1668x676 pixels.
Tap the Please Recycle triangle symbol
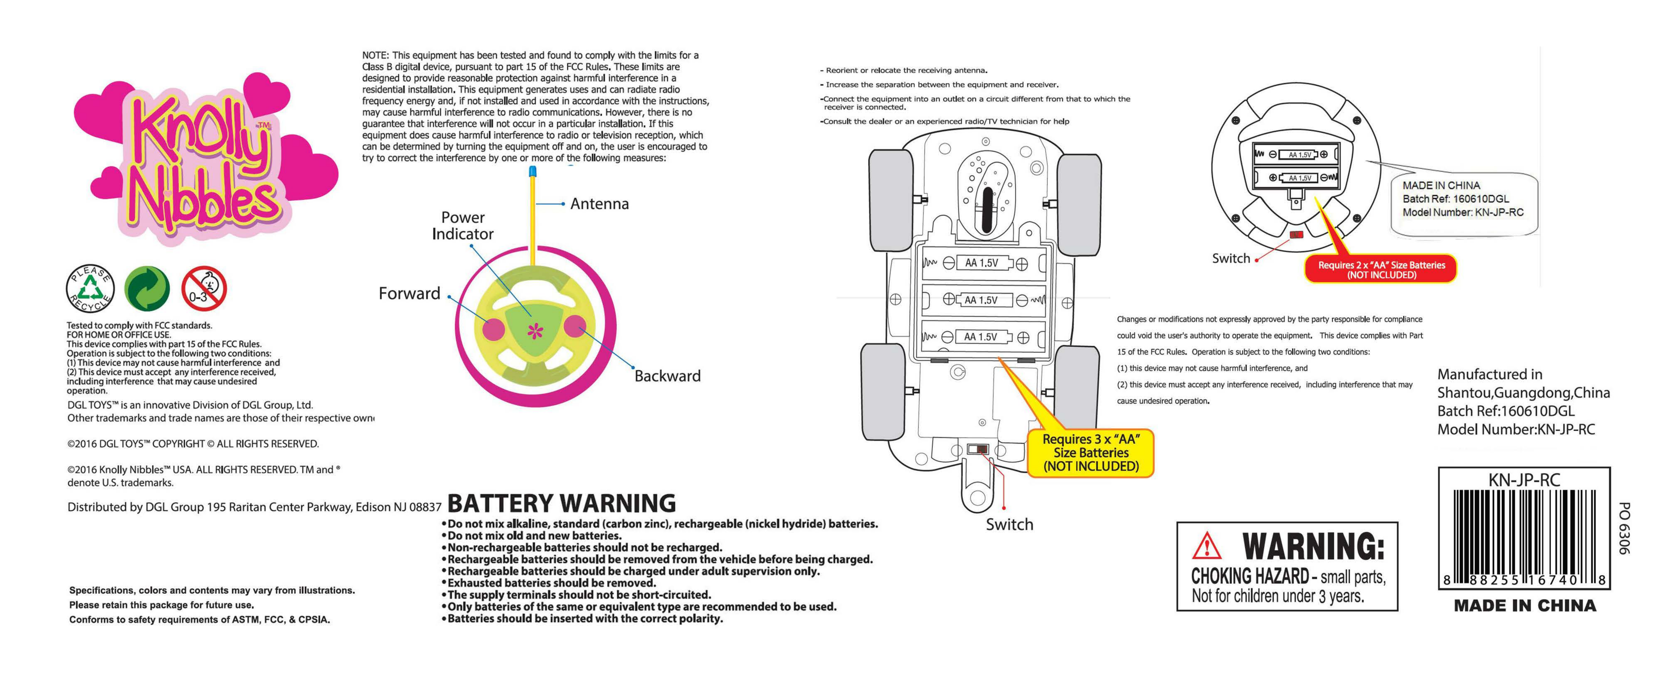point(90,288)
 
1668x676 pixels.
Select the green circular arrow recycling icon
point(147,288)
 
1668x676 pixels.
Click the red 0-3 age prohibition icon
point(204,288)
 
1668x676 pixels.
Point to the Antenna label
point(599,204)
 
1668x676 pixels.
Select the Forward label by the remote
point(409,293)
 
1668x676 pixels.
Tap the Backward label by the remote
point(667,376)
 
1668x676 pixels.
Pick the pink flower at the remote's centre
point(535,331)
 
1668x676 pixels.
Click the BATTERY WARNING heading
point(561,503)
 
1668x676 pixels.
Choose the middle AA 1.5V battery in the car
point(982,300)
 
